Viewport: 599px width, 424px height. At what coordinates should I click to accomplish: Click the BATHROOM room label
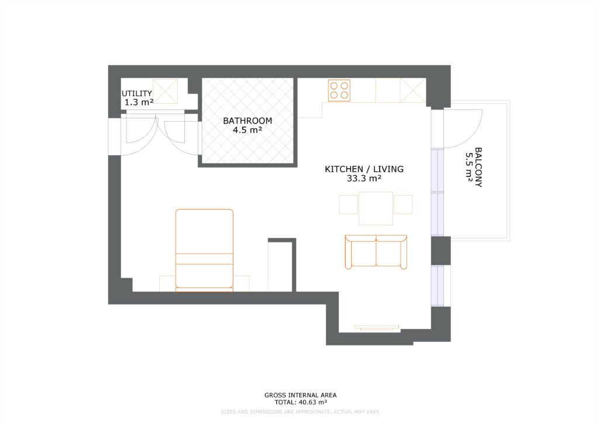point(247,121)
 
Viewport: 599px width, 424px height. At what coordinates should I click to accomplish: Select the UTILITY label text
point(137,94)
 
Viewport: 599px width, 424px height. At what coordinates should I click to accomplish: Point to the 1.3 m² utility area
point(139,102)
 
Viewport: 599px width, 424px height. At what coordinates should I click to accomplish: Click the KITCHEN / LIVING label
point(364,169)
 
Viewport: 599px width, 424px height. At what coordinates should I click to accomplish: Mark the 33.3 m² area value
point(364,179)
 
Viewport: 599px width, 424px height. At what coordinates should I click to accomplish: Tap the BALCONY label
point(478,167)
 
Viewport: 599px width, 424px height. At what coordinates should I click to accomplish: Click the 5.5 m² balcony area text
point(469,167)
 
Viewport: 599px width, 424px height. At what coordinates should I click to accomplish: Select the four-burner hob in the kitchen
point(339,90)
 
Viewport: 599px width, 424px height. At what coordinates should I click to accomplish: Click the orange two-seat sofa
point(376,252)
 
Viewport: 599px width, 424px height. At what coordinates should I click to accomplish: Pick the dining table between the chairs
point(376,208)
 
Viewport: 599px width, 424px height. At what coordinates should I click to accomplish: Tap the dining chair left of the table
point(349,204)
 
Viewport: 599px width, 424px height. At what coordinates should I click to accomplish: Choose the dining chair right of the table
point(403,204)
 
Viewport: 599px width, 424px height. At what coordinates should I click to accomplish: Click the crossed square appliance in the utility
point(165,91)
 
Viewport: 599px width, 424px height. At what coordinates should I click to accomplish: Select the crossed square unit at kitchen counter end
point(413,90)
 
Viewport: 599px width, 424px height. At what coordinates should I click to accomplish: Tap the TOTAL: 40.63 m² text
point(301,402)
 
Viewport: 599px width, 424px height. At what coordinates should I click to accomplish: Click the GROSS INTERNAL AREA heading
point(301,395)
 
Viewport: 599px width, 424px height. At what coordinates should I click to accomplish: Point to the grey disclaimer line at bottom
point(300,412)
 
